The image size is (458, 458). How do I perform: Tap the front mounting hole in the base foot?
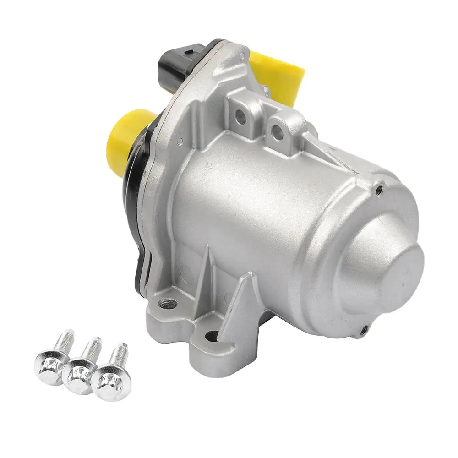point(211,337)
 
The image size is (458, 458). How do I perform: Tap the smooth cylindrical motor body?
point(261,202)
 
